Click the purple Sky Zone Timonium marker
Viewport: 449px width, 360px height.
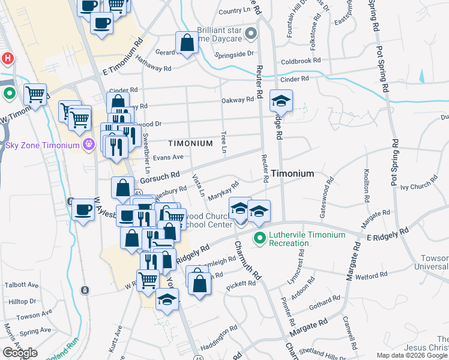(89, 145)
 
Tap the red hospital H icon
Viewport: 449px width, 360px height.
(8, 59)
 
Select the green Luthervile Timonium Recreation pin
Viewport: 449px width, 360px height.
(259, 239)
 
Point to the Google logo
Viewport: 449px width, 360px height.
(20, 353)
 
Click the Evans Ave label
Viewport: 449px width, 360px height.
(167, 157)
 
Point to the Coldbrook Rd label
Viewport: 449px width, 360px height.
(301, 61)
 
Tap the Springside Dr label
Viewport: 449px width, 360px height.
(237, 53)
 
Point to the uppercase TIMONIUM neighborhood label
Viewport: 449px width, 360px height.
(190, 143)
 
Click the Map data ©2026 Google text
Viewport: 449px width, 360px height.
(412, 355)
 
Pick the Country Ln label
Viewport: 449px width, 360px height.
(234, 11)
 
